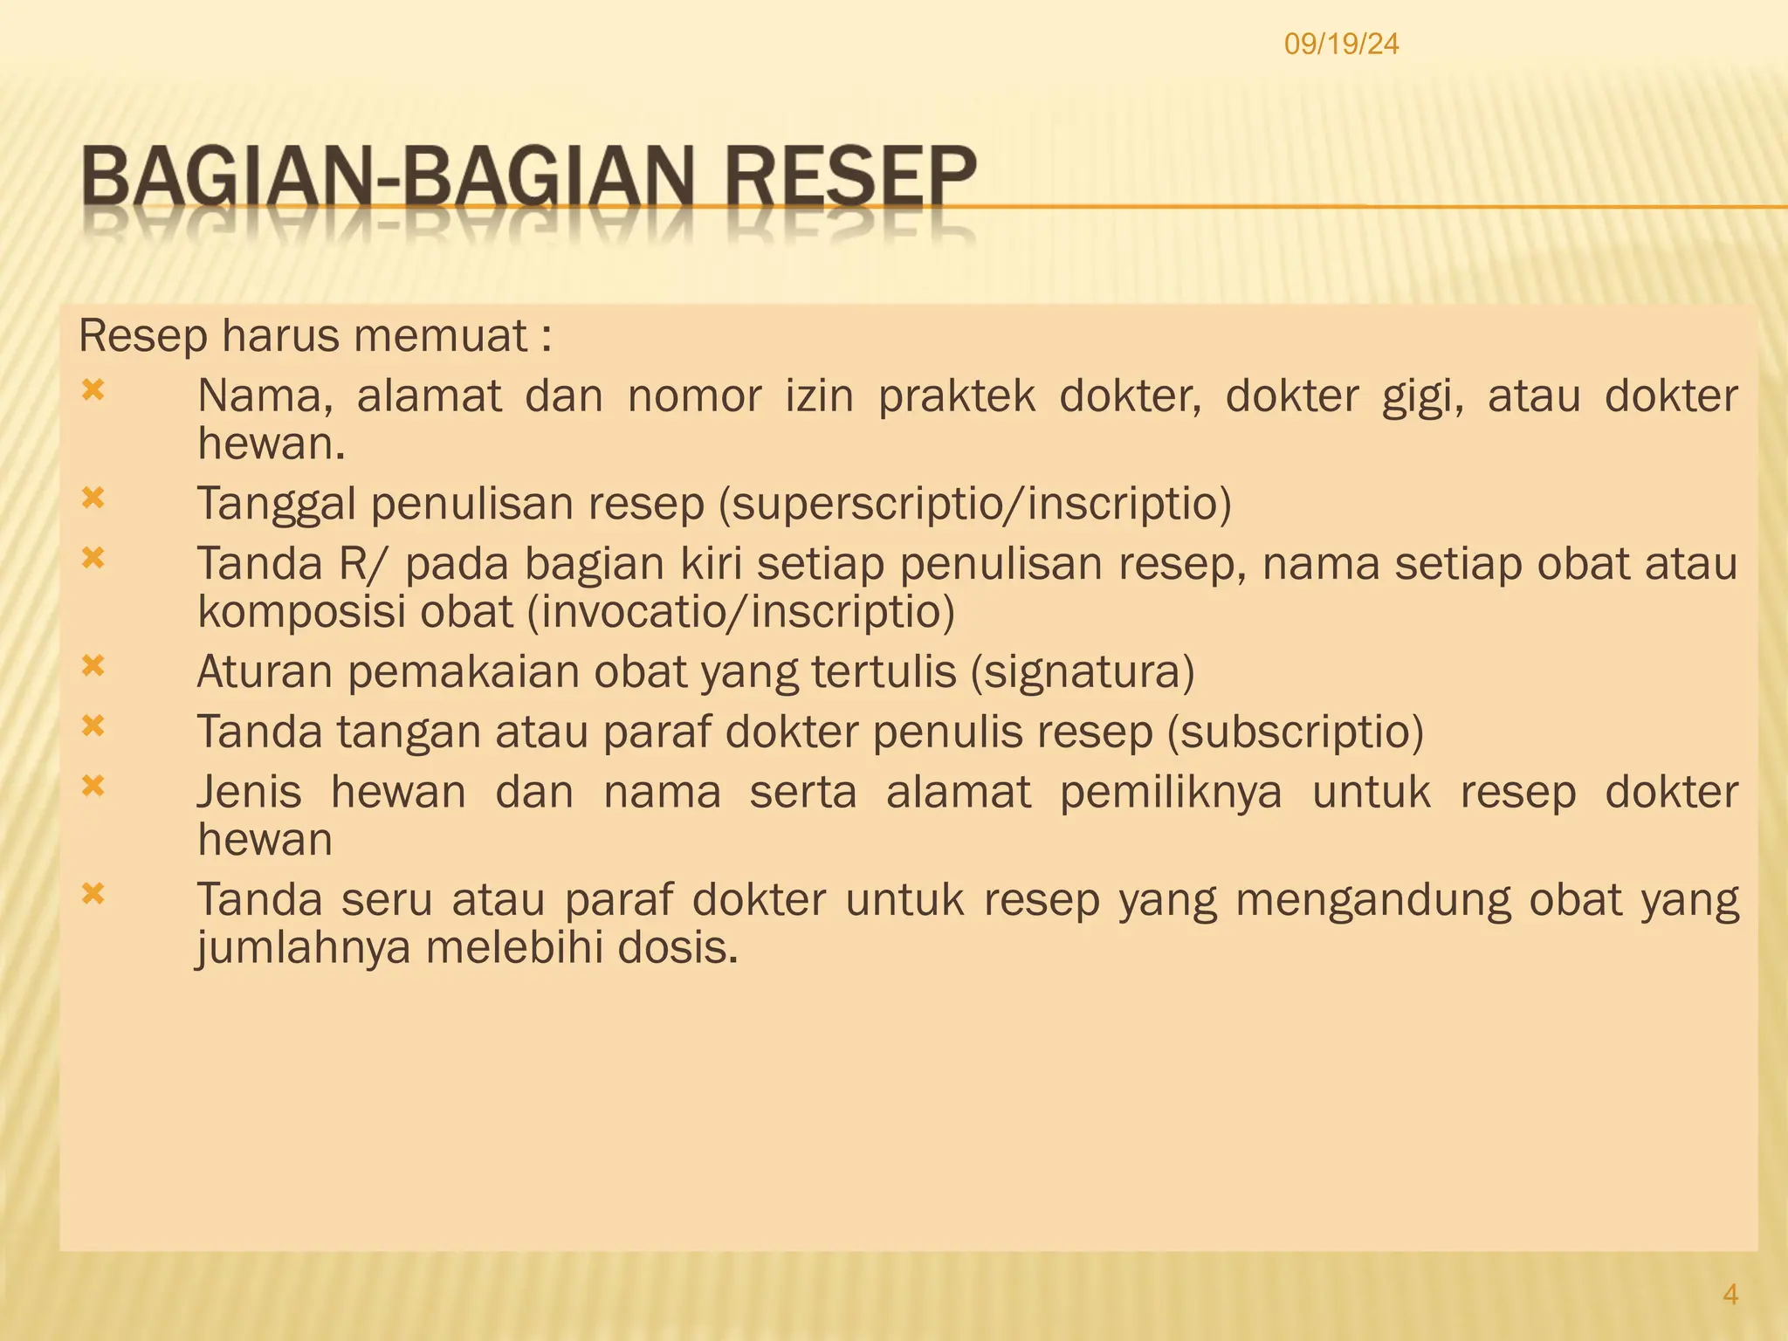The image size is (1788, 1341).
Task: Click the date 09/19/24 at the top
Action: click(x=1341, y=44)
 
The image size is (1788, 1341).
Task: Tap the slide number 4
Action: click(x=1730, y=1294)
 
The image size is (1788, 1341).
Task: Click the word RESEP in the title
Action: click(x=849, y=179)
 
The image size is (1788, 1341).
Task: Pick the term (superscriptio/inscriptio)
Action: click(x=974, y=504)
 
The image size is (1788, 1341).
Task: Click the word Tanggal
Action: click(x=277, y=505)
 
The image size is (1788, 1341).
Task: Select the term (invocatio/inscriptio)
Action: click(x=741, y=611)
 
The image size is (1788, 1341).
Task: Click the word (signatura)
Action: click(x=1083, y=672)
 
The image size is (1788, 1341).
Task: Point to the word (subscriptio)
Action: click(x=1296, y=732)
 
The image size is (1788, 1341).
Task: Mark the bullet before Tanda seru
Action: click(x=93, y=893)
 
